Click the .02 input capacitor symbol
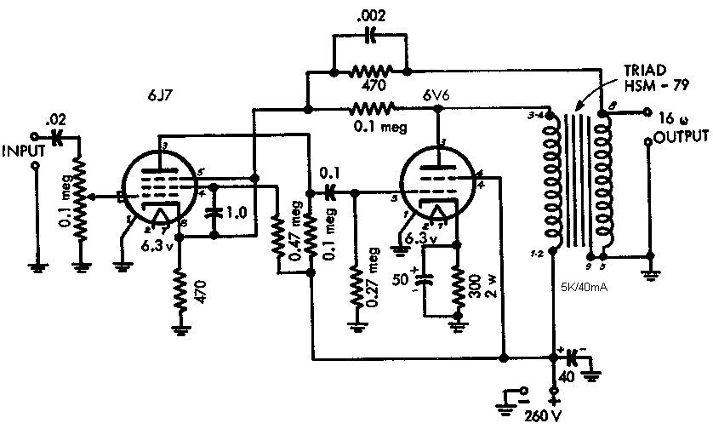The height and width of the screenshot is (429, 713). coord(58,134)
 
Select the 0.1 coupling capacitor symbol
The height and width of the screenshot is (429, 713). coord(331,192)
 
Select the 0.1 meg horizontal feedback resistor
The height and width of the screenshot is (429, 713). coord(371,108)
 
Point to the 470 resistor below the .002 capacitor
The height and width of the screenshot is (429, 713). coord(371,71)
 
